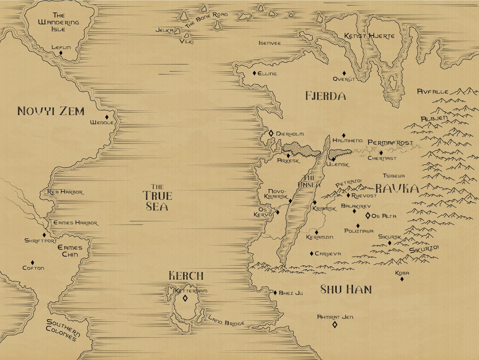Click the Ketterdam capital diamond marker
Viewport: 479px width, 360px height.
(x=185, y=298)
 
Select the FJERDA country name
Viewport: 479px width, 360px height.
(x=326, y=96)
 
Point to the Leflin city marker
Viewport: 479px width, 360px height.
(x=61, y=53)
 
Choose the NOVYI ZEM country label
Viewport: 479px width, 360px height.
(x=51, y=111)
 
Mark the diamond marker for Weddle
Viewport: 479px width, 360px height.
(x=107, y=117)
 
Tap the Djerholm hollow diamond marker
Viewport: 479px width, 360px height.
(x=271, y=133)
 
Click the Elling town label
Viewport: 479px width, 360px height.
(x=267, y=74)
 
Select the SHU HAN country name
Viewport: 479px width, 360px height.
(x=346, y=289)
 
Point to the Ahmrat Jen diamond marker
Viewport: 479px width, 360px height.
(x=335, y=324)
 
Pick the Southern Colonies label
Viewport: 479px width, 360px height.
(x=63, y=330)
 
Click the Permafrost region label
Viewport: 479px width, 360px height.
(x=390, y=143)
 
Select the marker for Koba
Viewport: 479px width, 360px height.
(x=402, y=278)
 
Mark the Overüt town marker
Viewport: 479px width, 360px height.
(x=344, y=73)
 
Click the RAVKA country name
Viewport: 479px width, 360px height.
(x=397, y=188)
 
